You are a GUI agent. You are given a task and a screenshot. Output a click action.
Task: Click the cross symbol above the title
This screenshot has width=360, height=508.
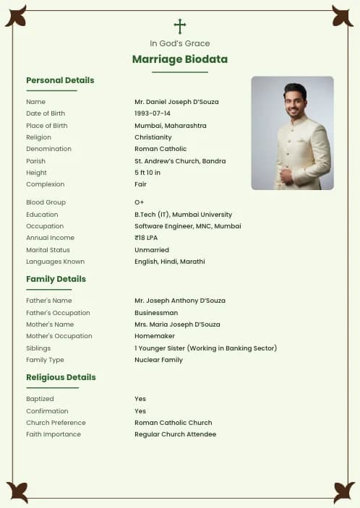180,27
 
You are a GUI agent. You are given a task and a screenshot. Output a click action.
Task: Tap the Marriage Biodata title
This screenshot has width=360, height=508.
180,59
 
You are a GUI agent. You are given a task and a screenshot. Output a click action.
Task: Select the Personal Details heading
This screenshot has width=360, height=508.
60,80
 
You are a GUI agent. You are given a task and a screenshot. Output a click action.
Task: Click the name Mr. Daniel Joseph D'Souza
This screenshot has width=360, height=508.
176,102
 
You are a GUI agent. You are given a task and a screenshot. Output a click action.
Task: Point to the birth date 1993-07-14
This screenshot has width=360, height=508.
153,113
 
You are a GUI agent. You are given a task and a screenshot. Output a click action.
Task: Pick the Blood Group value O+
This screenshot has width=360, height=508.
140,202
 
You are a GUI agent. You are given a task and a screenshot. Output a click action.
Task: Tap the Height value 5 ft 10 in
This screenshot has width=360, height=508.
147,173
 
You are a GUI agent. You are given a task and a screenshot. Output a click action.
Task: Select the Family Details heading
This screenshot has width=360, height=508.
56,279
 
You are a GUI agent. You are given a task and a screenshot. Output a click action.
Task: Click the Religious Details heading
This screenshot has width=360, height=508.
61,377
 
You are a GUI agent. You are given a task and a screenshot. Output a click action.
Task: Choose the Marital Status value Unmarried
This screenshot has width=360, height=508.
152,250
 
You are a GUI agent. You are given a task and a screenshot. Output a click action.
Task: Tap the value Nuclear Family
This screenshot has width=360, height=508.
158,360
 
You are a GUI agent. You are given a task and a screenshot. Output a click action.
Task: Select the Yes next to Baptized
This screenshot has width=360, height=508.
140,399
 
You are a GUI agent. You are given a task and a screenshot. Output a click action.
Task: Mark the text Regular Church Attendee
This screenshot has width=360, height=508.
175,434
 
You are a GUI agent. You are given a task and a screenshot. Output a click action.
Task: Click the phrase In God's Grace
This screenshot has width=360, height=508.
180,43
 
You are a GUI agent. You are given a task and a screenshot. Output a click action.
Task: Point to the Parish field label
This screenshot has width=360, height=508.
35,161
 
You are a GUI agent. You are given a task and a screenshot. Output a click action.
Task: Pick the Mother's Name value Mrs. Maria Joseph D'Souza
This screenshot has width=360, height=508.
177,324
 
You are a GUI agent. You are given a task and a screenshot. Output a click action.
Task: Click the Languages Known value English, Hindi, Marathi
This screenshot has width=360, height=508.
170,262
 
